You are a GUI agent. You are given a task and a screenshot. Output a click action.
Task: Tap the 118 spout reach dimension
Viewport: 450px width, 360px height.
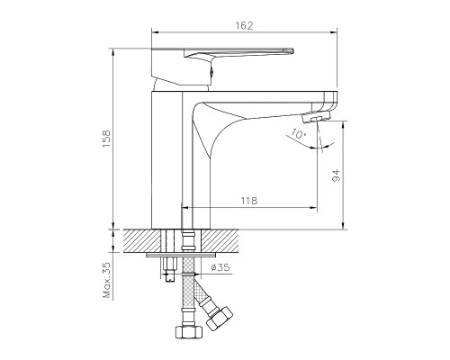[x=249, y=202]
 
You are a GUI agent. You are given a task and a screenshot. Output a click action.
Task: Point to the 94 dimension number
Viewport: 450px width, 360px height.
[x=336, y=176]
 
